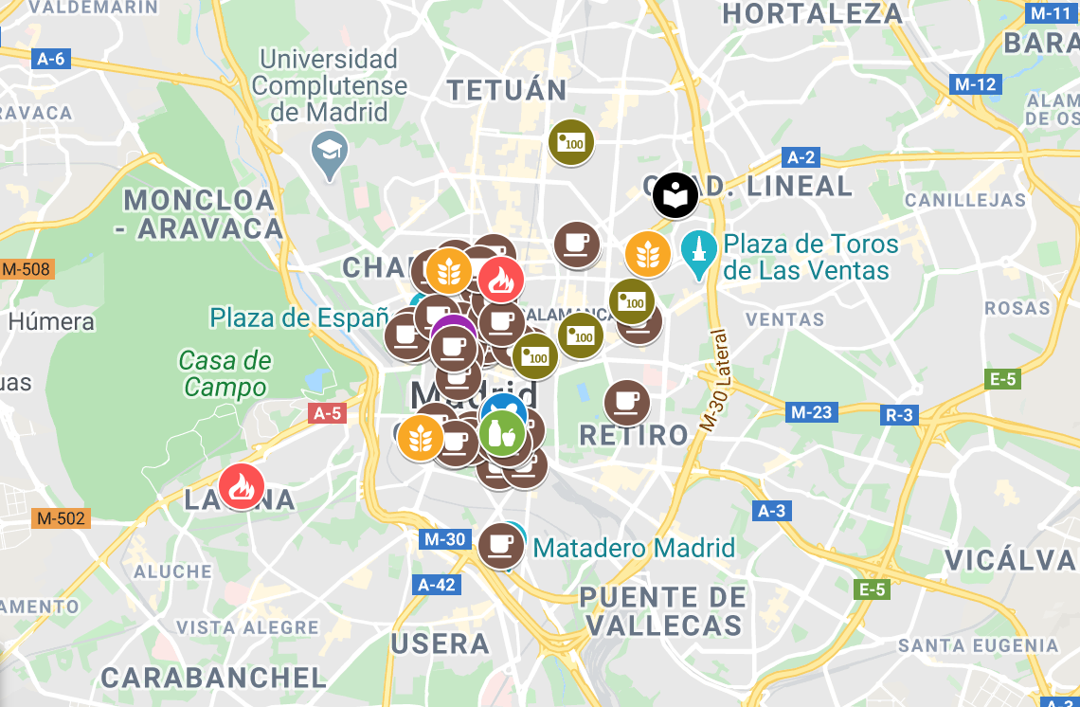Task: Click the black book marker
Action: tap(675, 196)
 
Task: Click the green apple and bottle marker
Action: tap(502, 433)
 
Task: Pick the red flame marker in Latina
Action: tap(242, 487)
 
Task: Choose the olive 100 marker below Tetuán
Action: tap(571, 142)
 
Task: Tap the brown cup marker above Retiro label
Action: tap(627, 402)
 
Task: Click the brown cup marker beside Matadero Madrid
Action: tap(500, 545)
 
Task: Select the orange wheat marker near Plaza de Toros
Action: tap(648, 254)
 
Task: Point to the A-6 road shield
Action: tap(50, 60)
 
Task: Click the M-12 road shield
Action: tap(975, 84)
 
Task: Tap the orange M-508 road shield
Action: tap(27, 269)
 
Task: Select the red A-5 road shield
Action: tap(327, 413)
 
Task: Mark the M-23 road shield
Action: tap(812, 412)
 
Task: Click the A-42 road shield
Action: tap(437, 584)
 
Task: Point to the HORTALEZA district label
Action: tap(813, 13)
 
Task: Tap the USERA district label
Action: tap(441, 644)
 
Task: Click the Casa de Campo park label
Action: tap(225, 373)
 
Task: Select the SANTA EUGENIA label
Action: tap(978, 645)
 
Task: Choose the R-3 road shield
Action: tap(898, 414)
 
